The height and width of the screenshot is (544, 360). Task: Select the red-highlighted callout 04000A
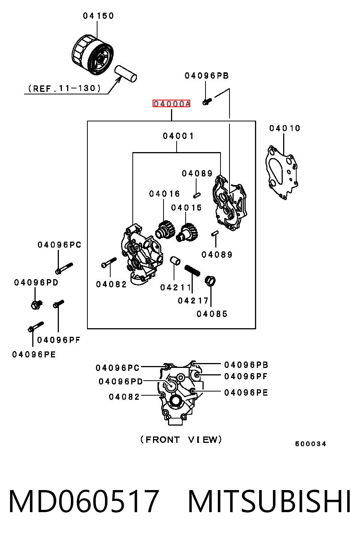click(x=171, y=104)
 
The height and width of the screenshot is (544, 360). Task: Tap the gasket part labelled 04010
click(x=282, y=172)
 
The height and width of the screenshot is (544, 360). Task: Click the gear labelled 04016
click(x=165, y=230)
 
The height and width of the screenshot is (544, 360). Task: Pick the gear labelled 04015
click(x=187, y=233)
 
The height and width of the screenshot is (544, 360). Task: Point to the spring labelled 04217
click(x=192, y=271)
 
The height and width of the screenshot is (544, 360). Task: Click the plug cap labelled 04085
click(x=210, y=281)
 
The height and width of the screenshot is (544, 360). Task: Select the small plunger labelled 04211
click(x=175, y=260)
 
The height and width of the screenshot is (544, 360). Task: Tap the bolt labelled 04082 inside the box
click(x=109, y=263)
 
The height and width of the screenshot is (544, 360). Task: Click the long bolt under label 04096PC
click(x=64, y=268)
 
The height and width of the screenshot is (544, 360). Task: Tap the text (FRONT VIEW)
click(x=181, y=439)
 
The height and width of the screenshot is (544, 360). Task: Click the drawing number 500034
click(x=310, y=444)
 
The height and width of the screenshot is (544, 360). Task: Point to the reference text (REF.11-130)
click(x=64, y=88)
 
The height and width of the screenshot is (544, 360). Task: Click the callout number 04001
click(x=178, y=136)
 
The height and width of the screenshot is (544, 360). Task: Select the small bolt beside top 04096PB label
click(x=207, y=101)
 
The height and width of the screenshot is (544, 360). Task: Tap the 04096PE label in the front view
click(x=246, y=393)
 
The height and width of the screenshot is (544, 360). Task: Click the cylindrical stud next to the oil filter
click(x=125, y=73)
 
